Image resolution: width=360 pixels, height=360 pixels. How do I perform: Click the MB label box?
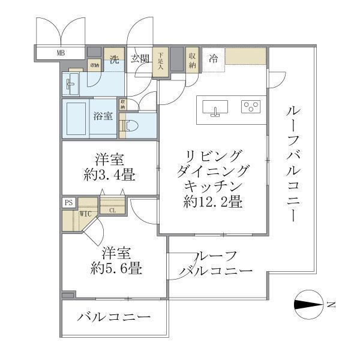[60, 53]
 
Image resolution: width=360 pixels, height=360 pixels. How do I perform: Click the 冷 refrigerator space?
[213, 58]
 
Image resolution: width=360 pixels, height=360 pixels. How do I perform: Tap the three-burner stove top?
[251, 107]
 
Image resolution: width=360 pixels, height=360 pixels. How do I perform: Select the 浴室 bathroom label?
[103, 116]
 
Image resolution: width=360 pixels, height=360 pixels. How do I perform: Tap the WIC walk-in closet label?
[85, 212]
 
